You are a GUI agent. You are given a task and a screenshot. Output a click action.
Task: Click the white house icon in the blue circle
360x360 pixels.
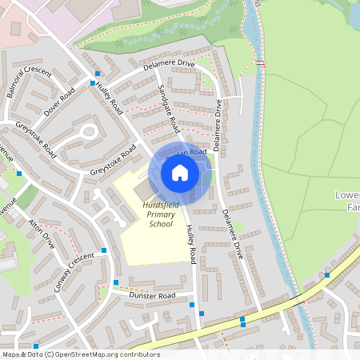pos(180,172)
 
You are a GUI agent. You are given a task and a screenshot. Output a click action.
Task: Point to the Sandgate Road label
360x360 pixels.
pos(168,108)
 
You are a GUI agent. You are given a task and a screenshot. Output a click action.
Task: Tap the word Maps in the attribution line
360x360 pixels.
pos(12,354)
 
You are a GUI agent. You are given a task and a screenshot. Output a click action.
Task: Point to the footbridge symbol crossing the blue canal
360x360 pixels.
pos(260,62)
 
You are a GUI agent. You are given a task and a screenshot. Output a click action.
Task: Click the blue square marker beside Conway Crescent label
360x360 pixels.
pos(104,253)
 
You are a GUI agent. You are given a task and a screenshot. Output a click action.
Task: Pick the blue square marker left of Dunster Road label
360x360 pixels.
pos(117,282)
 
